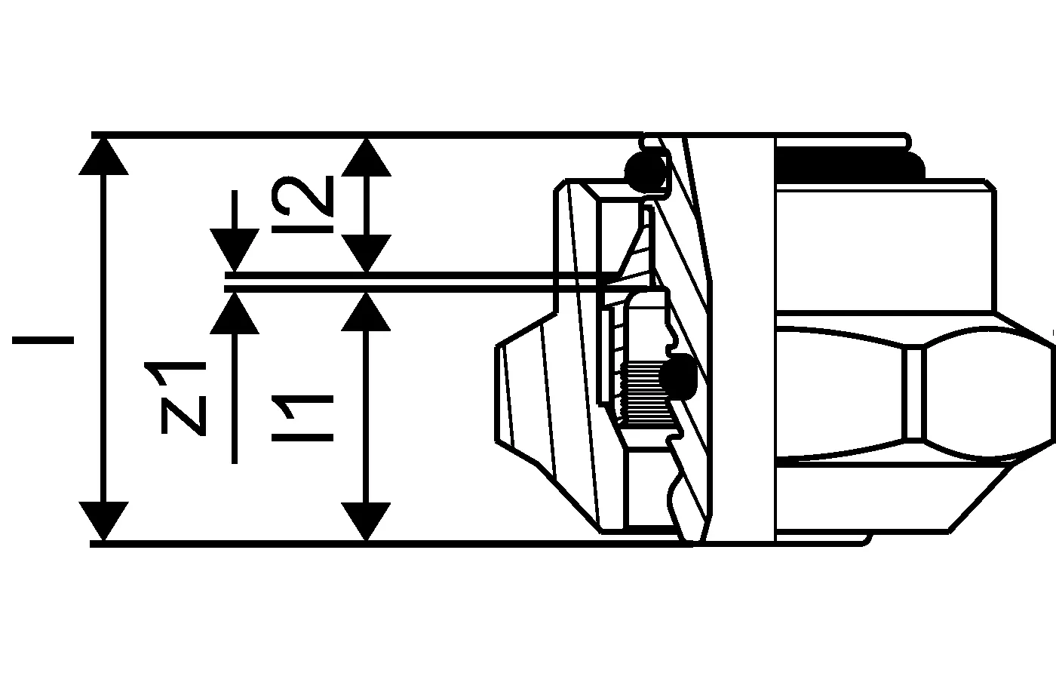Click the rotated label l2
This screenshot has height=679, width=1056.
click(x=302, y=204)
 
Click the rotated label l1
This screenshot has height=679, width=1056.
click(x=302, y=418)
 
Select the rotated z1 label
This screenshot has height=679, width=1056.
click(x=183, y=398)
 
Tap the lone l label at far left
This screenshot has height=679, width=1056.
click(x=43, y=340)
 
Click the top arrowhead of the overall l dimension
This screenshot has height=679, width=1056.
click(x=103, y=157)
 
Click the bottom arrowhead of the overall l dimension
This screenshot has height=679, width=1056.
click(x=103, y=521)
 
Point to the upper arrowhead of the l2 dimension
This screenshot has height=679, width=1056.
click(x=366, y=157)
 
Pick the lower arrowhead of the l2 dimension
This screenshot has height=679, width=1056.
click(x=366, y=253)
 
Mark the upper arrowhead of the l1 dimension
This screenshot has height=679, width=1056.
click(x=366, y=312)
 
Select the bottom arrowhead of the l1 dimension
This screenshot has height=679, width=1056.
click(x=366, y=521)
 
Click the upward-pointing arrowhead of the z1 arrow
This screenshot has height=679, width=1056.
click(x=235, y=314)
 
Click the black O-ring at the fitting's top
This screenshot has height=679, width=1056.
click(x=646, y=173)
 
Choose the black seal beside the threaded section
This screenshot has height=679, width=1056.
click(x=679, y=376)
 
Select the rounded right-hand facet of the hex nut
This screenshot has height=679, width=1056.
click(x=987, y=393)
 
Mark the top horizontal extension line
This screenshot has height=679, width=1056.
click(x=368, y=135)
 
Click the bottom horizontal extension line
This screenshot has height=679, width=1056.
click(x=391, y=544)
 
